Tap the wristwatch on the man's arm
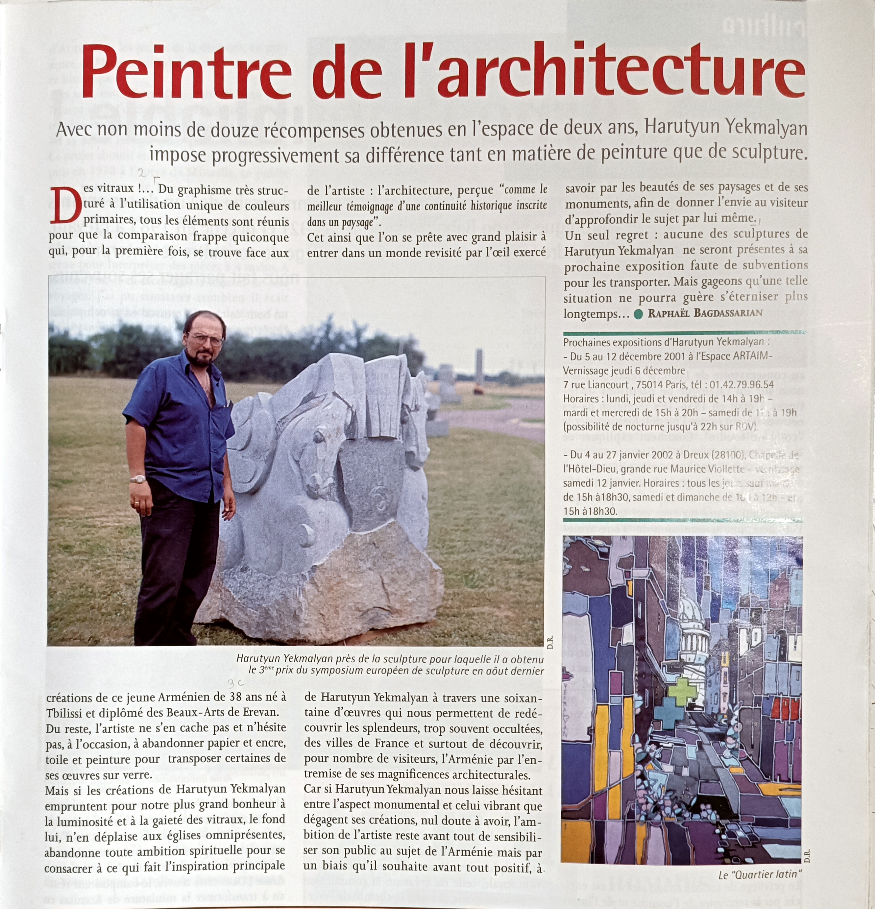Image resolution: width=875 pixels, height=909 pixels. tap(138, 479)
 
